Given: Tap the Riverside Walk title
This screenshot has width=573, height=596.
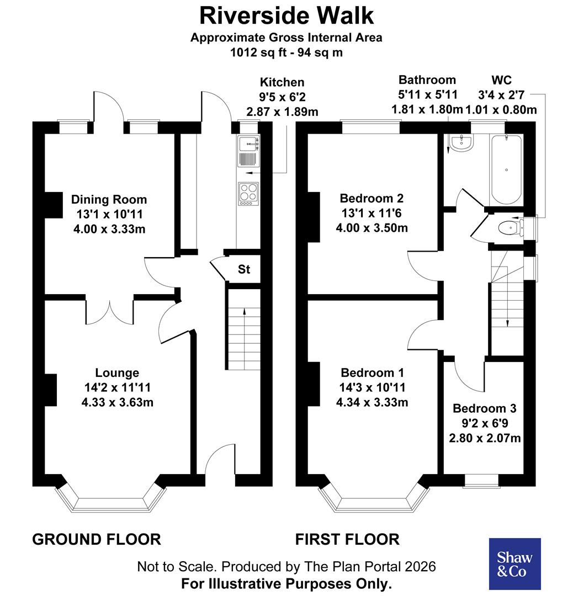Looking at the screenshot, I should [286, 15].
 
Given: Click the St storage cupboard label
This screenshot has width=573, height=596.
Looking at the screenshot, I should [244, 270].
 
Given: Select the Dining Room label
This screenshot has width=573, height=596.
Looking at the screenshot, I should [109, 199].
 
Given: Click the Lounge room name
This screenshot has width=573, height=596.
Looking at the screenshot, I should [117, 373].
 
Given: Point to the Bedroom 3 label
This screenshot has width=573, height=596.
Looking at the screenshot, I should [484, 408].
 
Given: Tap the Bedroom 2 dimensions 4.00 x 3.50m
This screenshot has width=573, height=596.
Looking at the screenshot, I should [372, 227].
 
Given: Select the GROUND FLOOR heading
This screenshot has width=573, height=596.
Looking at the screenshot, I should [97, 539].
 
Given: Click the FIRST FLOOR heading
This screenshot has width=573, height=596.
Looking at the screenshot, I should [347, 539].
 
